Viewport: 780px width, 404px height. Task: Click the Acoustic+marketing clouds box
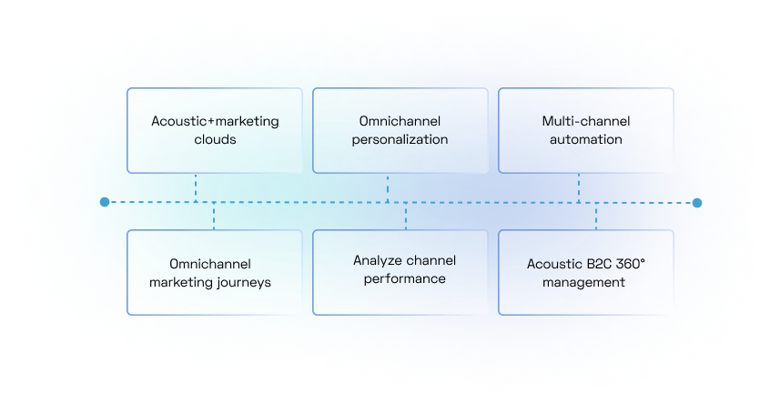(215, 130)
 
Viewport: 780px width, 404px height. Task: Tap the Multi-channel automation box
(586, 130)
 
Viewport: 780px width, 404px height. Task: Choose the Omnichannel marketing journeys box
(215, 272)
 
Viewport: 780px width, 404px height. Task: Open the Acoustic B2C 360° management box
(586, 272)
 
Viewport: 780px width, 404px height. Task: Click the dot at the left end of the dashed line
(105, 202)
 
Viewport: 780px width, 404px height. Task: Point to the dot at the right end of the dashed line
(697, 202)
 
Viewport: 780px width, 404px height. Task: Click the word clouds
(215, 140)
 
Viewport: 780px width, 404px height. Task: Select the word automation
(586, 140)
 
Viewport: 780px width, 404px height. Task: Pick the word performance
(404, 278)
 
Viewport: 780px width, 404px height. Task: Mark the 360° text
(630, 264)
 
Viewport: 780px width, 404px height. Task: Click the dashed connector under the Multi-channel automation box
(578, 187)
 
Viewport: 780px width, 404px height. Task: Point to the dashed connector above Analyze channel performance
(405, 216)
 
